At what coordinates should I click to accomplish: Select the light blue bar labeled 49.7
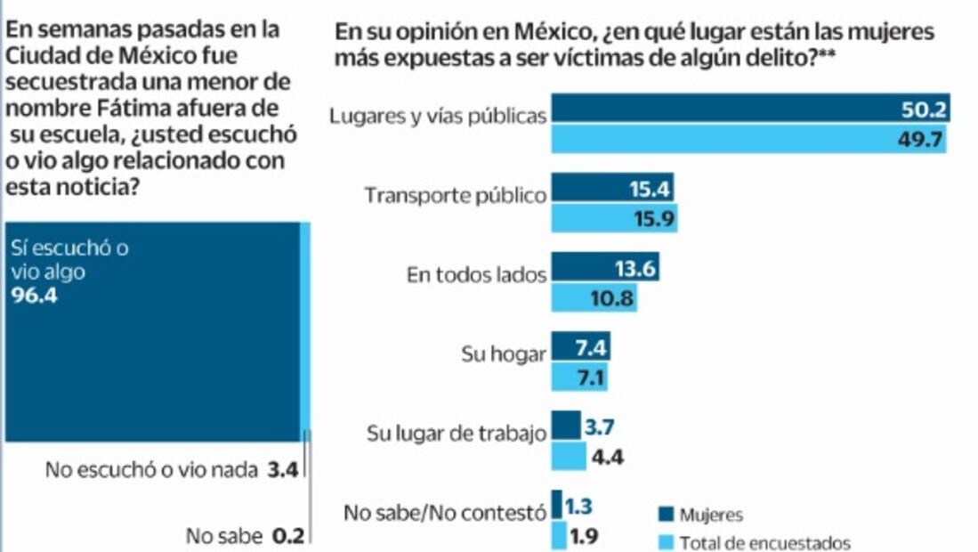click(748, 139)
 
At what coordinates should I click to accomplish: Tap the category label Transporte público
click(456, 196)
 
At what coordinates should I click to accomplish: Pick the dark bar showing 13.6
click(605, 267)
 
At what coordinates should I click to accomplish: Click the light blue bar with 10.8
click(594, 298)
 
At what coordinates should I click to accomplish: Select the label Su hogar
click(504, 353)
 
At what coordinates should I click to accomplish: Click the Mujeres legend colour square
click(664, 514)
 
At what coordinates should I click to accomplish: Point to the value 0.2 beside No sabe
click(287, 536)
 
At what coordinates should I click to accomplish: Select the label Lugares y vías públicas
click(437, 116)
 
